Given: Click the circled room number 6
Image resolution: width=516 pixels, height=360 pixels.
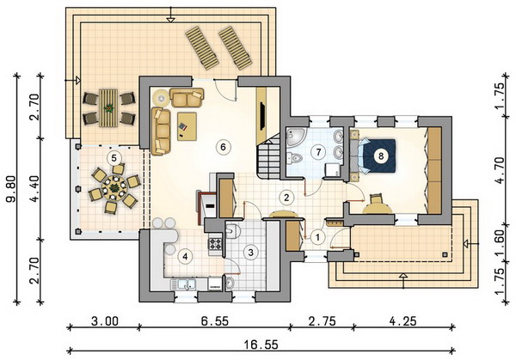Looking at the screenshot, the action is [x=223, y=147].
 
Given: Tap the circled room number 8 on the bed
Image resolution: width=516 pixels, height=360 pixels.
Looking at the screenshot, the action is [x=381, y=156].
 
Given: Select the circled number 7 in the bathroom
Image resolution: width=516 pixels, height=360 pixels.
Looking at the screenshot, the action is [x=318, y=152].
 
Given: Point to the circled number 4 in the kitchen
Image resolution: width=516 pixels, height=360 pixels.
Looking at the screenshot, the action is [x=185, y=257].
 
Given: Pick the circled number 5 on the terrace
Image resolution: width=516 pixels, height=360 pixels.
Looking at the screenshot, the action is [x=114, y=158].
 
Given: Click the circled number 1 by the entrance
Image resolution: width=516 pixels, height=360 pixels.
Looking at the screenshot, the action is [x=317, y=237].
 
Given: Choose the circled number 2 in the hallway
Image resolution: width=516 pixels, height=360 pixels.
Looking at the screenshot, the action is [x=286, y=198].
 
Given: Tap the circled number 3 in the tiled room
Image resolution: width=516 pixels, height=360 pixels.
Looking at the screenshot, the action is [x=251, y=253].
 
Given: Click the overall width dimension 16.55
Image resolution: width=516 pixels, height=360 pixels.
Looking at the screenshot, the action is [x=261, y=345].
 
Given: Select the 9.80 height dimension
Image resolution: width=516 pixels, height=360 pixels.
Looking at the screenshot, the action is [x=12, y=188].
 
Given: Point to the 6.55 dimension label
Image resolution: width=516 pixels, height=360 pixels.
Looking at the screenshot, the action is [x=215, y=320].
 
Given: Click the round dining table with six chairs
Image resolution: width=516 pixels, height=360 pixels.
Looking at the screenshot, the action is [x=114, y=188].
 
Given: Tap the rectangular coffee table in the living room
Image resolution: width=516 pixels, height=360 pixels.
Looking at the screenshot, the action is [x=187, y=126].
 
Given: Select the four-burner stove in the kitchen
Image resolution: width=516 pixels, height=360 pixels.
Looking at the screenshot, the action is [x=215, y=244].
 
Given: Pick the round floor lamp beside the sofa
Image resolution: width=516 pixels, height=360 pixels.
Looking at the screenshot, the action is [x=162, y=97].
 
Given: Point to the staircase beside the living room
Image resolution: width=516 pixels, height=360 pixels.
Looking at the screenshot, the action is [x=268, y=158].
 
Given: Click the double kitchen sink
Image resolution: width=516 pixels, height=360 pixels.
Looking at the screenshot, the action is [x=183, y=284].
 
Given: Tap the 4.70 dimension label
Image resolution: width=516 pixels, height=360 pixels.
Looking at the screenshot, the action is [x=499, y=171].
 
